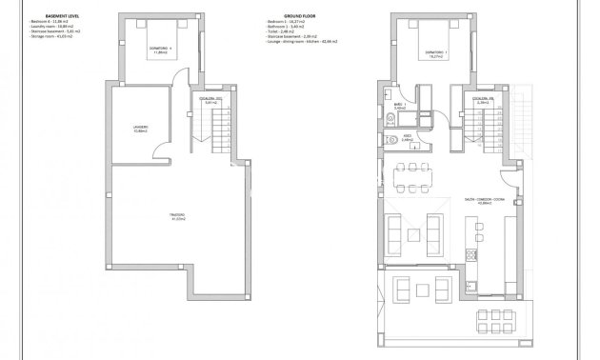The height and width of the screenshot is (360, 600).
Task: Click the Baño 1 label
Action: click(401, 107)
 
